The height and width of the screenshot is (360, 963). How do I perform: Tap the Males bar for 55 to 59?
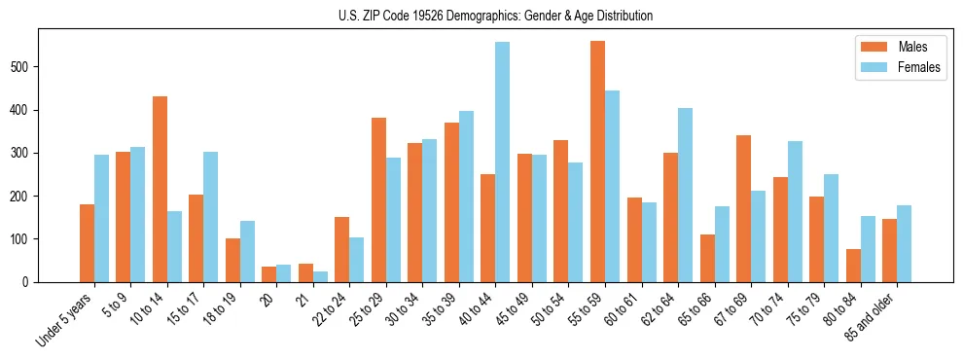click(x=597, y=162)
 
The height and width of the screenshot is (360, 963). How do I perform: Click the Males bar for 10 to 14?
click(x=160, y=189)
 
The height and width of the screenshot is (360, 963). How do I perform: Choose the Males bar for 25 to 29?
click(x=378, y=199)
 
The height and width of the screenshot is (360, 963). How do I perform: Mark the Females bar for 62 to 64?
click(x=685, y=195)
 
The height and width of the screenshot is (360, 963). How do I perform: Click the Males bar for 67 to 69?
click(x=743, y=208)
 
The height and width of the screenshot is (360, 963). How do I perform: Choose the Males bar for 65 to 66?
click(x=707, y=258)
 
